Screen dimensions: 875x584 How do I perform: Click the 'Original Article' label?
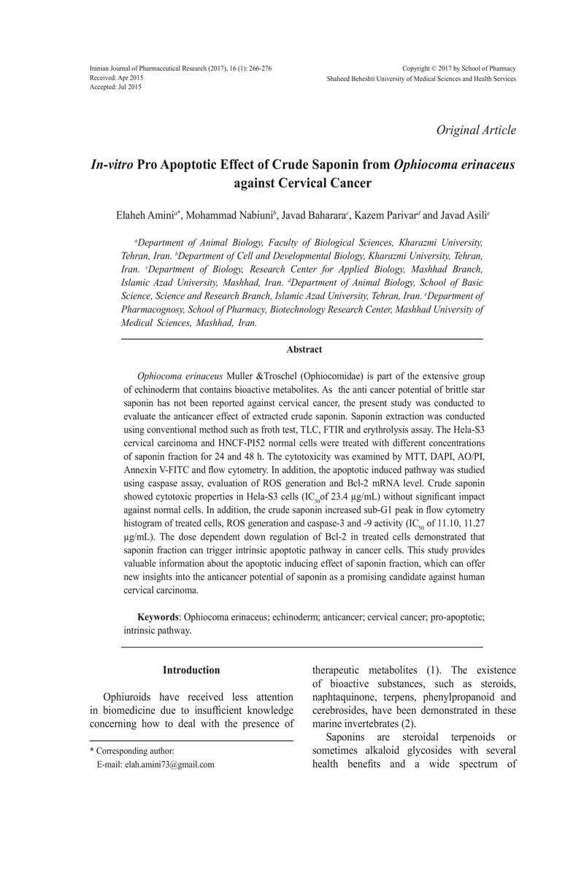[476, 131]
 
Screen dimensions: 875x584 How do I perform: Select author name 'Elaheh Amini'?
[144, 216]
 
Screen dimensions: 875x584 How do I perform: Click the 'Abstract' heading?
[304, 350]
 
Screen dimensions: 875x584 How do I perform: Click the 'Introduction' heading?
[191, 670]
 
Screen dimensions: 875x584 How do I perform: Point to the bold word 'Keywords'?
[159, 617]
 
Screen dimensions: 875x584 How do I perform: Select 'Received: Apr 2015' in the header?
[116, 77]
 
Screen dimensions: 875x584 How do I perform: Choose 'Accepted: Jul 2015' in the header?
[115, 87]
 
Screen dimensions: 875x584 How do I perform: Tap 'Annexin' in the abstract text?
[140, 472]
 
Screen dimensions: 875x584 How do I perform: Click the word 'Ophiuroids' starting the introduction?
[128, 698]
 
